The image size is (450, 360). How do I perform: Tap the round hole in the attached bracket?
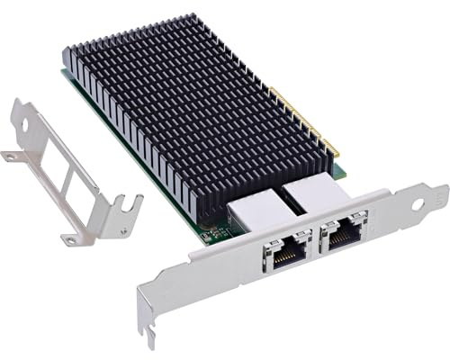pyautogui.click(x=417, y=204)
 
